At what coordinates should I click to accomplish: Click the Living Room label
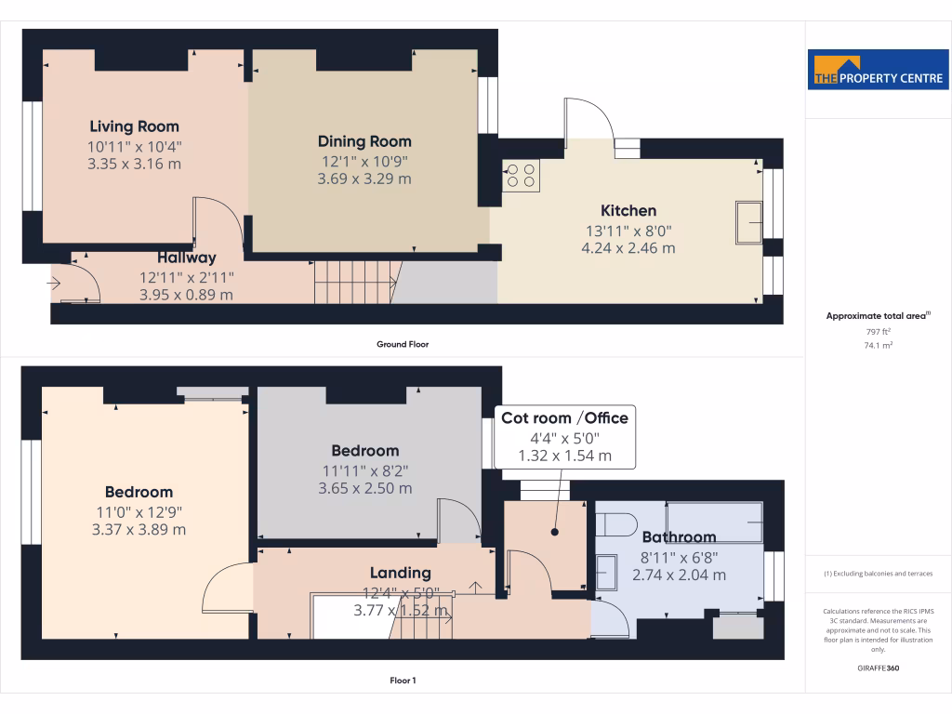(134, 126)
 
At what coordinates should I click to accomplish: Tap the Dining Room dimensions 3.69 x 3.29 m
(364, 178)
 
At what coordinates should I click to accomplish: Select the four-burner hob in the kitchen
(522, 176)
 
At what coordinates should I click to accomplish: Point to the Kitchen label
(628, 211)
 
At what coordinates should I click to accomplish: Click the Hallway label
(186, 258)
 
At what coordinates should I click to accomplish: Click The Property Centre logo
(878, 70)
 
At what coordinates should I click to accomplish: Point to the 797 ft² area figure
(878, 331)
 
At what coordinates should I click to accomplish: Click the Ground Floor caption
(403, 344)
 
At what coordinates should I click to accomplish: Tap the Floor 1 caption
(403, 681)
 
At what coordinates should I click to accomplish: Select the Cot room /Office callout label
(564, 418)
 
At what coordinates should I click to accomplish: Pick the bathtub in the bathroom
(714, 522)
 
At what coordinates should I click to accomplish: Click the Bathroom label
(679, 537)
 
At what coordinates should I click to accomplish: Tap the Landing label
(400, 573)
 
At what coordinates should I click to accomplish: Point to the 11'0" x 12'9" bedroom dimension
(139, 511)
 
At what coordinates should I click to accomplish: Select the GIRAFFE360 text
(878, 668)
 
